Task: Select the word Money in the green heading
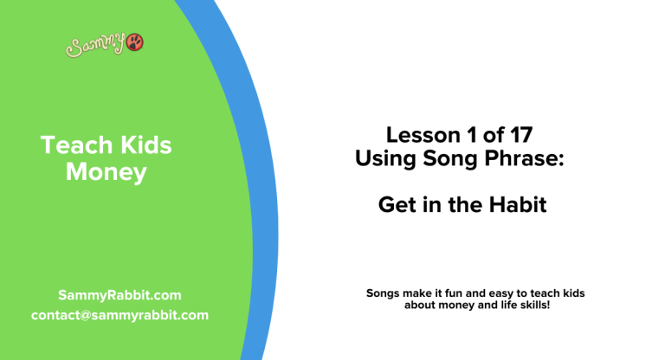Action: (x=107, y=172)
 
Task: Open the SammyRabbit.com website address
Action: (x=119, y=295)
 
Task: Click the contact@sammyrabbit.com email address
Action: (x=119, y=315)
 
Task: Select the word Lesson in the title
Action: (x=418, y=135)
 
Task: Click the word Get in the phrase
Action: (x=395, y=206)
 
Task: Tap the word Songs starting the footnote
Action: (x=384, y=293)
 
